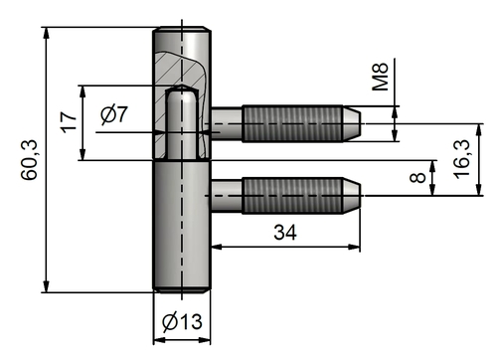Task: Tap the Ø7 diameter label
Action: pyautogui.click(x=114, y=116)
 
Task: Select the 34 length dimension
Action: pyautogui.click(x=284, y=232)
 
